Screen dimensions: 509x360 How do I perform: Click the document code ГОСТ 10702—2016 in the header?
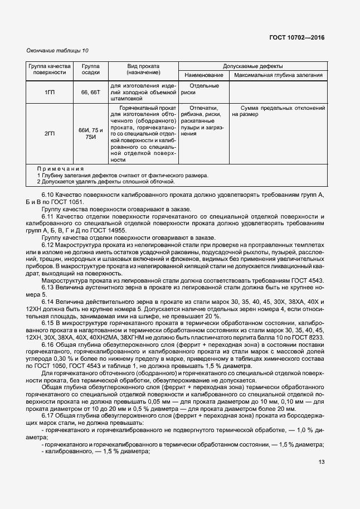pos(296,38)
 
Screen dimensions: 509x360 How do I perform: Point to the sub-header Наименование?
pos(203,75)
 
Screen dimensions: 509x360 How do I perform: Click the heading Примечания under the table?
pos(60,168)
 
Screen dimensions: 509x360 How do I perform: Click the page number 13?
pos(321,462)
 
